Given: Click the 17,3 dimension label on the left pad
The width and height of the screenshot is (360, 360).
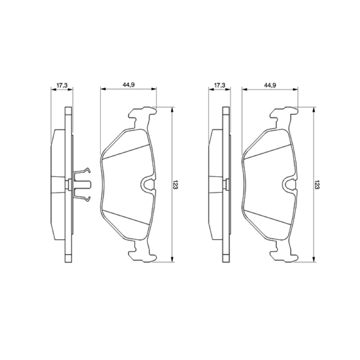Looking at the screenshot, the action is point(62,85).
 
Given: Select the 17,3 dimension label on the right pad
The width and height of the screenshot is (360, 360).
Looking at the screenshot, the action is point(220,85).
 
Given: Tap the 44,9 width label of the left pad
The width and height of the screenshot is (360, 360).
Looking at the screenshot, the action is point(129,85).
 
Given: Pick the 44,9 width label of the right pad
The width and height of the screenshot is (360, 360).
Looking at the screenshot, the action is point(270,85).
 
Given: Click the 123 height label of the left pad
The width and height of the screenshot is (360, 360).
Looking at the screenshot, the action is point(175,184).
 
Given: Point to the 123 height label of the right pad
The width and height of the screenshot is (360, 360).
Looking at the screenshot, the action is point(317,184).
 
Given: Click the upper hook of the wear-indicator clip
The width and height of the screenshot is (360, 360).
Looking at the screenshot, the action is point(87,170).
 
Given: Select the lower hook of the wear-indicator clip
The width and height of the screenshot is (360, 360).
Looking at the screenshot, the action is point(87,199).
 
